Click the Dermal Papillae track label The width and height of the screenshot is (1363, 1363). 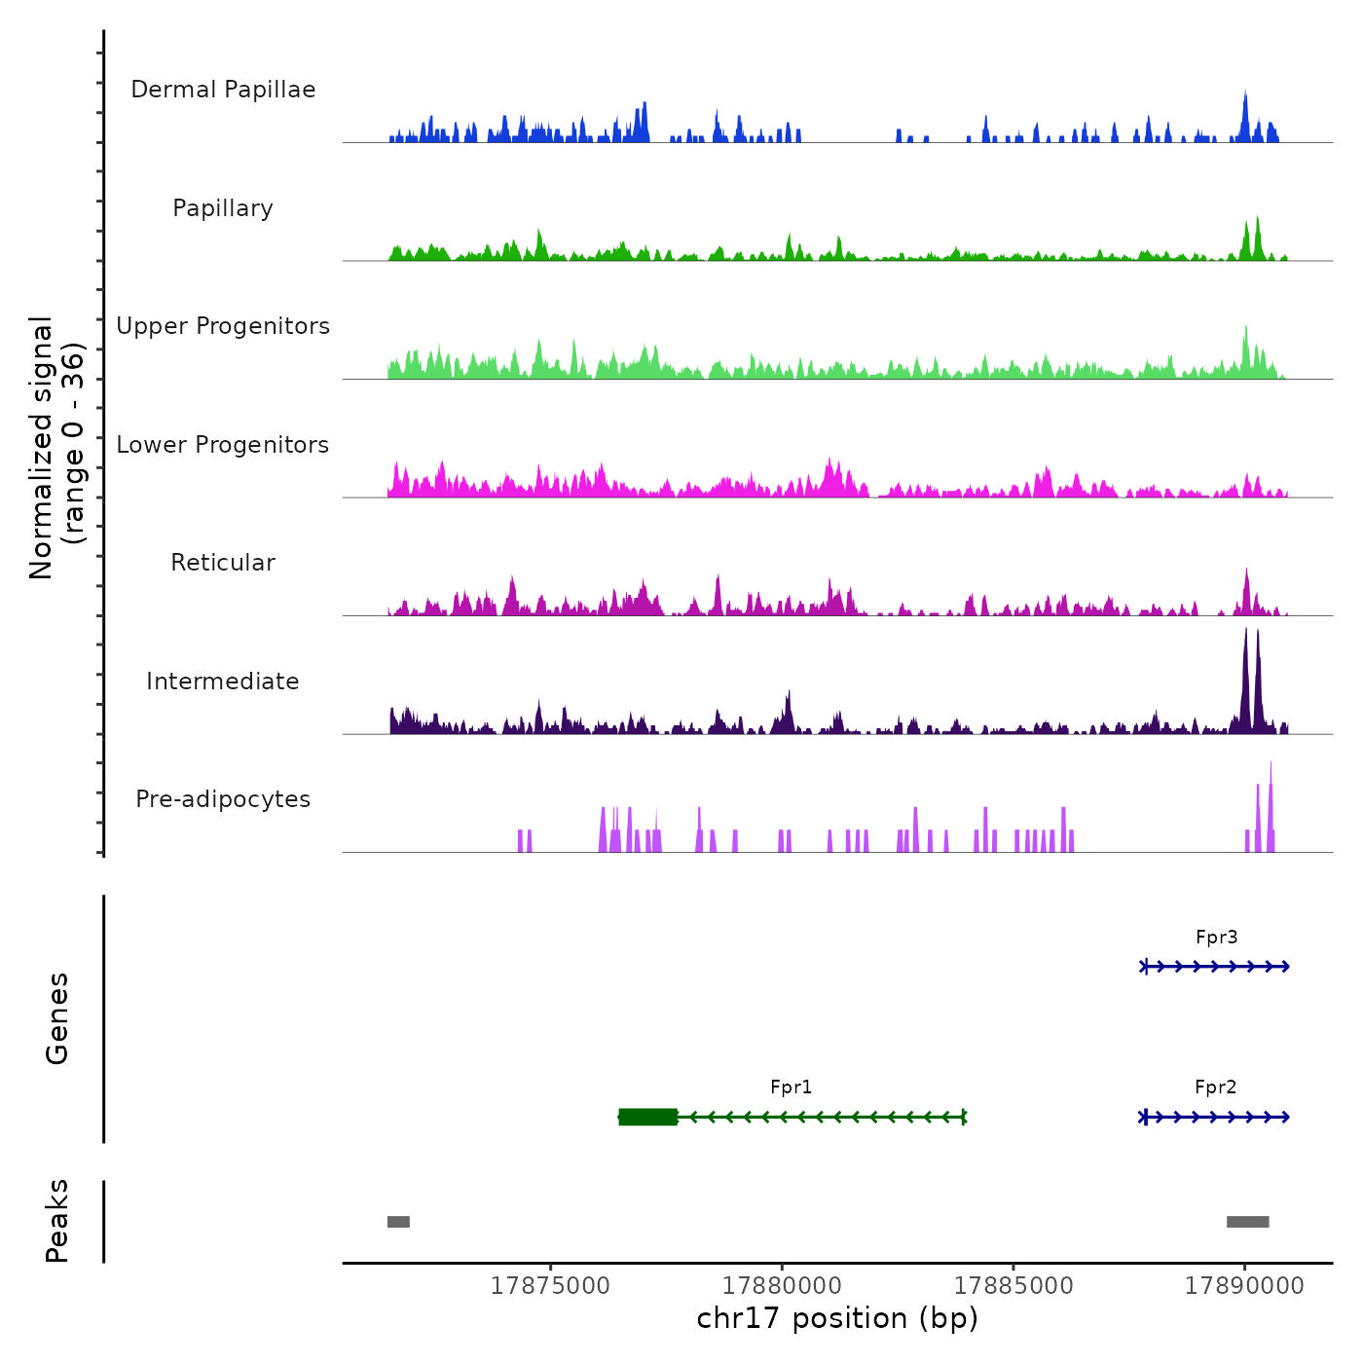pos(223,90)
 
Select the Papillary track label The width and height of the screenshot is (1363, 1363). pos(223,208)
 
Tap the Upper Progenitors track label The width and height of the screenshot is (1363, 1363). pos(223,326)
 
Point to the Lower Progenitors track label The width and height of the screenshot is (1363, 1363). pos(223,445)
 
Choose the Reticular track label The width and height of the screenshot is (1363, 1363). pos(223,563)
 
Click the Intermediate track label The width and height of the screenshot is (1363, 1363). pos(223,681)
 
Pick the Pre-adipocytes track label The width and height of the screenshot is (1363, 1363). pos(223,799)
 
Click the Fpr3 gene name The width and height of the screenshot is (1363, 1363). pos(1216,938)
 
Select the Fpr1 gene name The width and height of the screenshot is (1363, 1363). pos(791,1087)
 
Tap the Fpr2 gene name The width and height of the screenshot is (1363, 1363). pos(1215,1087)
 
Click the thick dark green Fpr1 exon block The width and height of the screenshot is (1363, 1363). pos(648,1117)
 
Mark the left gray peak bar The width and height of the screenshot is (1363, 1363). pos(398,1222)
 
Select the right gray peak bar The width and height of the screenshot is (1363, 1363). pos(1247,1222)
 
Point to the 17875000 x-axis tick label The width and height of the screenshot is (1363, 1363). pos(550,1286)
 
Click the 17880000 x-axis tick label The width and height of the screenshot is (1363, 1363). pos(782,1286)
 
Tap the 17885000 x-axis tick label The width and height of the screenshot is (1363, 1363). pos(1013,1286)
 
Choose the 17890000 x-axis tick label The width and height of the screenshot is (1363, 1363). pos(1244,1286)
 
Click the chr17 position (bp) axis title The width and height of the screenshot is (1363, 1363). pos(837,1319)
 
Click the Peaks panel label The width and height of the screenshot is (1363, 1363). pos(57,1221)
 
